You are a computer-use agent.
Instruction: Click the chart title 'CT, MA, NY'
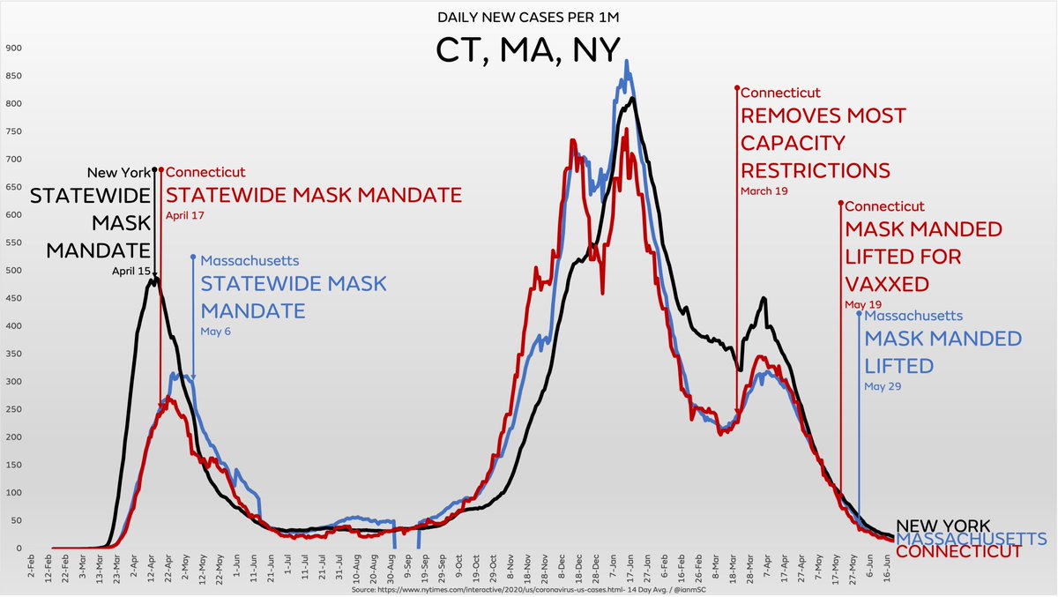click(528, 49)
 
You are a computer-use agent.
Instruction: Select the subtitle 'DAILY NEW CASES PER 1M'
click(528, 18)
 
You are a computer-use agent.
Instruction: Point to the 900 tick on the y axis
click(12, 48)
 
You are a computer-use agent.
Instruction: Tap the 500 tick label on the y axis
click(12, 271)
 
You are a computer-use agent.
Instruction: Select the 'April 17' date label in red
click(185, 214)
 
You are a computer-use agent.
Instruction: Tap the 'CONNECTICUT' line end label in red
click(958, 552)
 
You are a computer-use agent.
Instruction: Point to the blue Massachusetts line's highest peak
click(626, 62)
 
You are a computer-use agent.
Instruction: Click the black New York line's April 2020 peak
click(155, 277)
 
